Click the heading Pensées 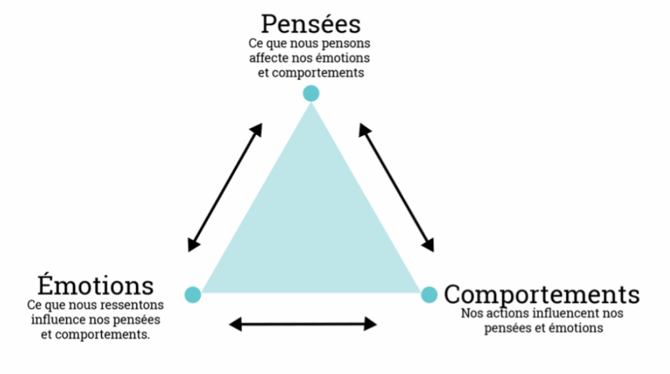pyautogui.click(x=311, y=24)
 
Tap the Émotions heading pyautogui.click(x=96, y=286)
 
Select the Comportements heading pyautogui.click(x=542, y=294)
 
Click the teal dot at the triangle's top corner pyautogui.click(x=311, y=94)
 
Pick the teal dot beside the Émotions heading pyautogui.click(x=192, y=295)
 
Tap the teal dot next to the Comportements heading pyautogui.click(x=429, y=295)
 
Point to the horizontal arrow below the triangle pyautogui.click(x=303, y=324)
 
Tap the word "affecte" pyautogui.click(x=268, y=58)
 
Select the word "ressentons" pyautogui.click(x=133, y=305)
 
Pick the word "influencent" pyautogui.click(x=565, y=314)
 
